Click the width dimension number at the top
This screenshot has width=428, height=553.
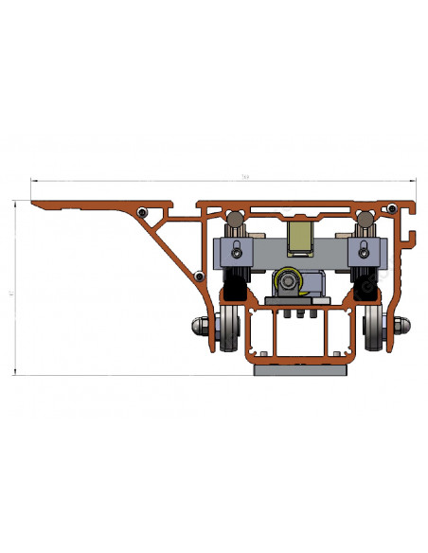[246, 176]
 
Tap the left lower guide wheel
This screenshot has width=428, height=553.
[228, 327]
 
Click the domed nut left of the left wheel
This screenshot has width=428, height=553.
[202, 327]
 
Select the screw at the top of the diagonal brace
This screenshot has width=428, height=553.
[142, 211]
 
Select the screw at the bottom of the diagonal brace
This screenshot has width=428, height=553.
[199, 276]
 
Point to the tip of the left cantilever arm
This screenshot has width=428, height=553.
[34, 202]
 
